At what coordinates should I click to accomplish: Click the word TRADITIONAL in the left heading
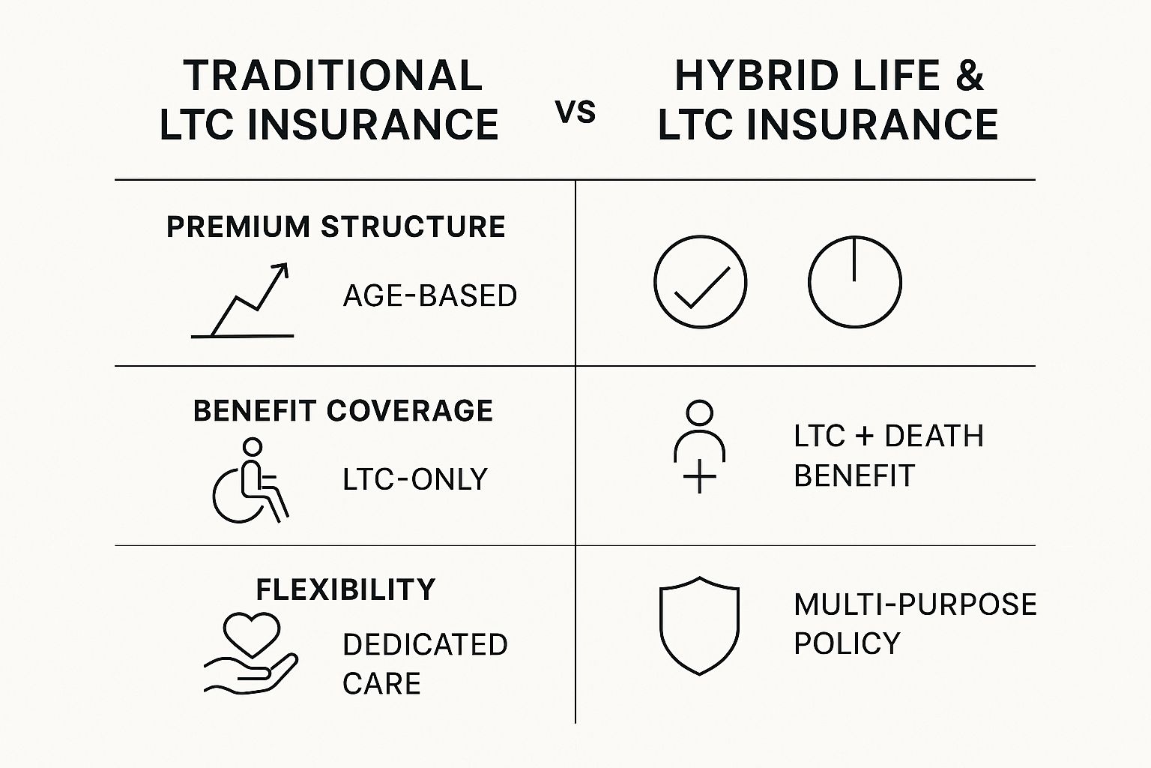333,76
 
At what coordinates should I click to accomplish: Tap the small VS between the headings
575,112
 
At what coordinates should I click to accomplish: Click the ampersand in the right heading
970,76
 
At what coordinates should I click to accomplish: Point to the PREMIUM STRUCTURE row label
336,226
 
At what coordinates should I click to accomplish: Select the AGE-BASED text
429,295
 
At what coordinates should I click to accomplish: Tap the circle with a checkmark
701,282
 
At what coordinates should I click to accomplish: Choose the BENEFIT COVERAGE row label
342,410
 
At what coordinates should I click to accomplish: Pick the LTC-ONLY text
414,479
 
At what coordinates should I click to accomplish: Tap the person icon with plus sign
699,446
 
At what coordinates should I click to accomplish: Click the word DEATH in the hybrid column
934,436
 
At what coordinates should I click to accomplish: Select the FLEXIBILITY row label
345,589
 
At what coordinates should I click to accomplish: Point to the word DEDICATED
425,645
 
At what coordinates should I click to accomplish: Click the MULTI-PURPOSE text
915,604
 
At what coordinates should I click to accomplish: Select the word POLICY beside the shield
848,643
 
